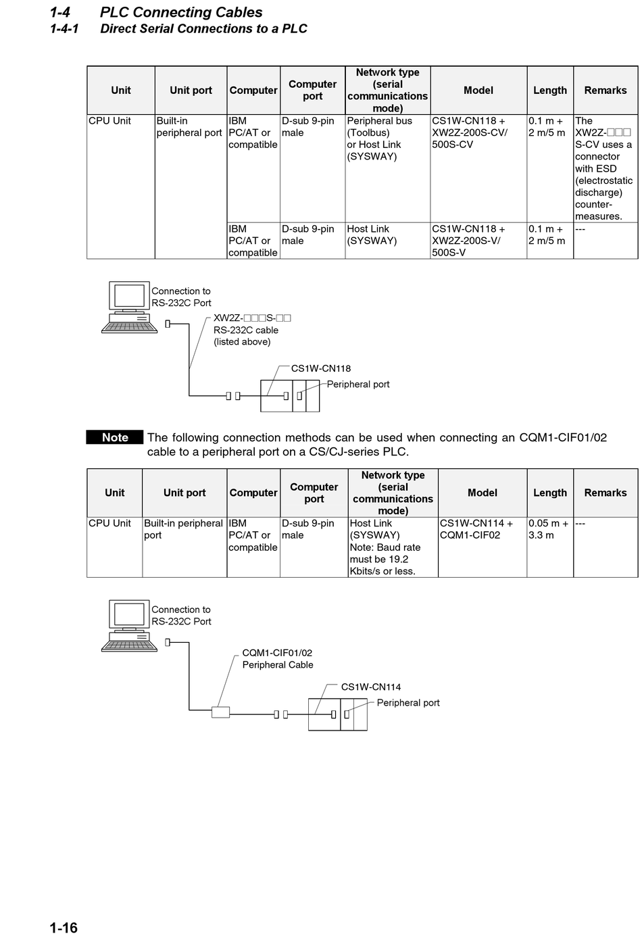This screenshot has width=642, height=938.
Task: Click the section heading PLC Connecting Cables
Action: click(x=180, y=12)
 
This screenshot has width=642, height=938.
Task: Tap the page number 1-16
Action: click(x=64, y=927)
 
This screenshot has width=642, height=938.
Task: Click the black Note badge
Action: click(x=115, y=437)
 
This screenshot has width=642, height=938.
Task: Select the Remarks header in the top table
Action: click(x=605, y=90)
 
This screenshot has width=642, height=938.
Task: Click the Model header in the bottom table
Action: click(x=482, y=493)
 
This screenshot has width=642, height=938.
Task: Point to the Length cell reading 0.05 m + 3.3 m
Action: click(x=549, y=529)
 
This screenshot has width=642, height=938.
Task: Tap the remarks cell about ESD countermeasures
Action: click(x=604, y=168)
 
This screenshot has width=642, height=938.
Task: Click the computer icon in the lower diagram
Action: click(x=129, y=625)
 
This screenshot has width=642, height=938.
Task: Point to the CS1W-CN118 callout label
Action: click(x=320, y=368)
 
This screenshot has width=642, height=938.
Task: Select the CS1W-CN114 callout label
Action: click(x=370, y=687)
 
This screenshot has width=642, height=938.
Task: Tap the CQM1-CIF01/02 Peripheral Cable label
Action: click(x=277, y=659)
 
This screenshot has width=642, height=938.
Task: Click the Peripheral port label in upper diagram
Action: click(x=358, y=384)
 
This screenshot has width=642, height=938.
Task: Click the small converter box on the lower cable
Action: click(x=220, y=712)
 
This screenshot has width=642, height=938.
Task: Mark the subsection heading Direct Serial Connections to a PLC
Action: click(x=203, y=29)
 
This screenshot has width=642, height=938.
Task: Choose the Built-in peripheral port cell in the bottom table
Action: click(x=183, y=529)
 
